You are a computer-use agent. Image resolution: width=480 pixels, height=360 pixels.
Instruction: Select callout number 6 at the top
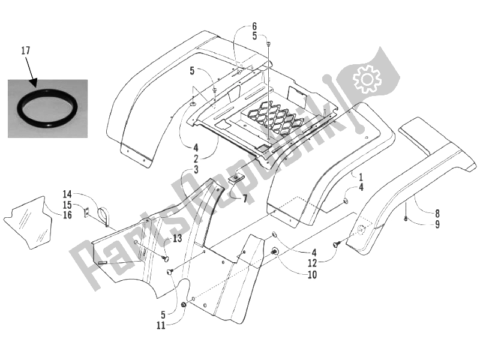pyautogui.click(x=254, y=26)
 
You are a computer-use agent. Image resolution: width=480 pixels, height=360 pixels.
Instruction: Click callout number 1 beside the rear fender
pyautogui.click(x=361, y=177)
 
